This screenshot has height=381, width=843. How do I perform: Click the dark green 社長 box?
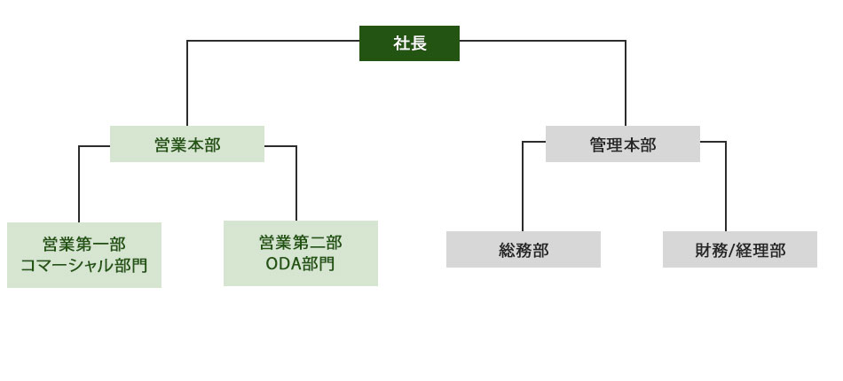(409, 43)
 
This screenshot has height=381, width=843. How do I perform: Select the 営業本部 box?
(187, 144)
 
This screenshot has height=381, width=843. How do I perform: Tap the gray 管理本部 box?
(622, 144)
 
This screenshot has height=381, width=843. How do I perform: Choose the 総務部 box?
(523, 249)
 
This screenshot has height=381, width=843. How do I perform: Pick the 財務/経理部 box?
(739, 249)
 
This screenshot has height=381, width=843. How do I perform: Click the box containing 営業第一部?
(84, 254)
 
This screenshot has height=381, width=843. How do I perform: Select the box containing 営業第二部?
(300, 253)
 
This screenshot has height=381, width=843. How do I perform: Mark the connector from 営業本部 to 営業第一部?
(80, 182)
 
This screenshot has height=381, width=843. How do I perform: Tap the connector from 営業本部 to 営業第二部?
(296, 182)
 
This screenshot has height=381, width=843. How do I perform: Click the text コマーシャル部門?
(84, 265)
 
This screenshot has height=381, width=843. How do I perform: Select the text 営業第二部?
(300, 242)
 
